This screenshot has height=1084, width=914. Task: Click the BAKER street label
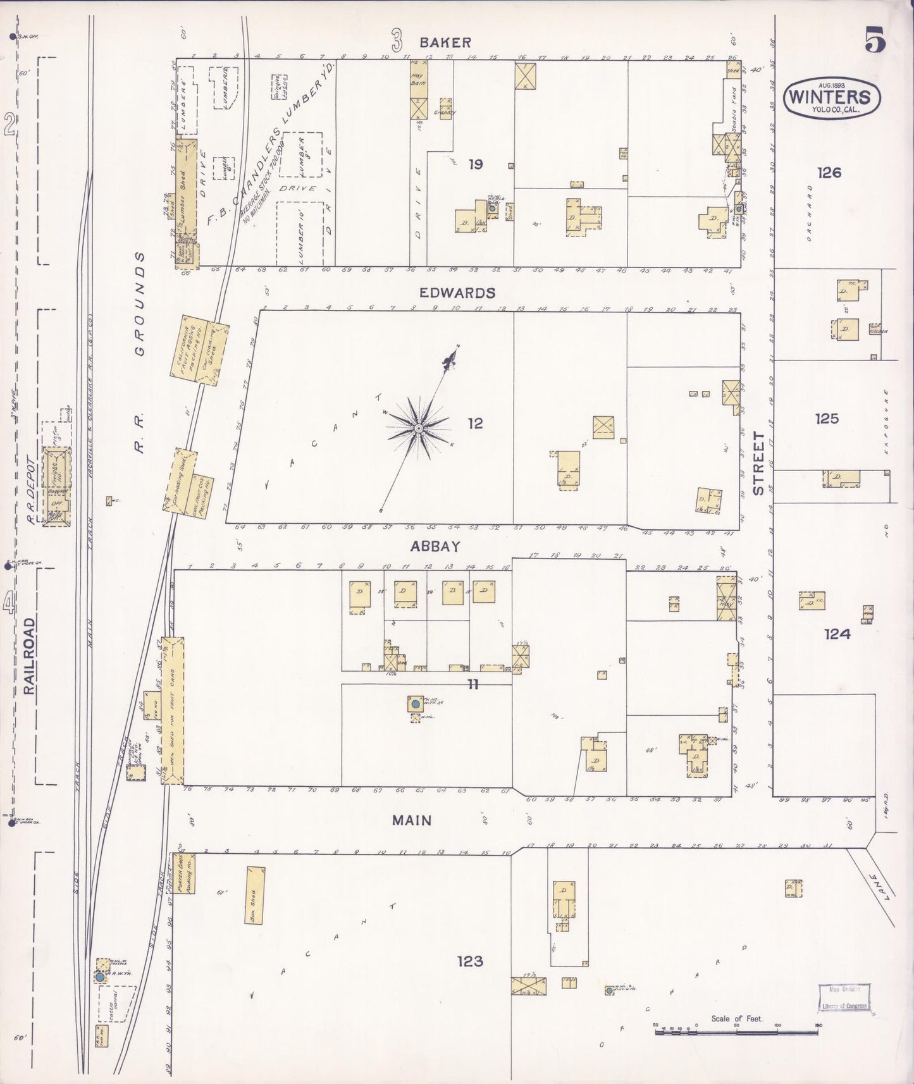(x=445, y=42)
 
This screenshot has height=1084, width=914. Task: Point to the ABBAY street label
(x=435, y=546)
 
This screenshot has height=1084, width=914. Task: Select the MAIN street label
(x=412, y=820)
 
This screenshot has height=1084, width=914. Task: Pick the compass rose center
(x=418, y=429)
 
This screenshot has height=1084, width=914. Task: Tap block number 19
(x=476, y=164)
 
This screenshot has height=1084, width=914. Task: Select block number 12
(x=475, y=423)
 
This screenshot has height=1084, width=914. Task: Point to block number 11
(x=473, y=683)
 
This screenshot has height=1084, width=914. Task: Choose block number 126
(x=829, y=172)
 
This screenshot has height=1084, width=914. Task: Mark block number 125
(x=827, y=418)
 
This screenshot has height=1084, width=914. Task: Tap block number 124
(x=837, y=634)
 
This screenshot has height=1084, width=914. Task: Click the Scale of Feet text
(x=737, y=1018)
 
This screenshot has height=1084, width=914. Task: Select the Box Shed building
(x=255, y=896)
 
